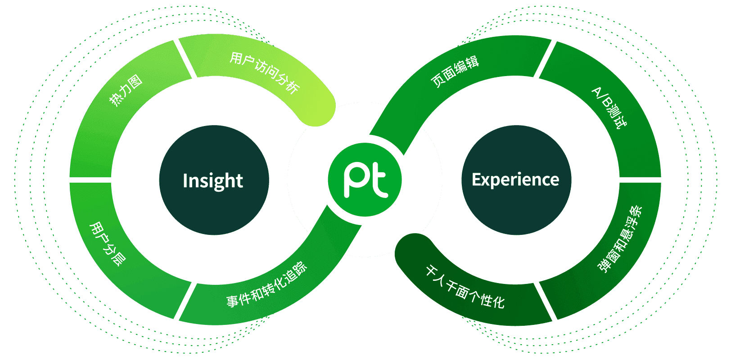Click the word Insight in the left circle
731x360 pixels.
pyautogui.click(x=213, y=181)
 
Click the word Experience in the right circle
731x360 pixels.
pyautogui.click(x=515, y=180)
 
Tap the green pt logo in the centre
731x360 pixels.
pyautogui.click(x=365, y=180)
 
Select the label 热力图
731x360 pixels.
pyautogui.click(x=126, y=90)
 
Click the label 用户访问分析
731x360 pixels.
pyautogui.click(x=264, y=72)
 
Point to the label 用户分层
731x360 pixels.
pyautogui.click(x=108, y=243)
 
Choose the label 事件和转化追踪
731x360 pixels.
pyautogui.click(x=266, y=285)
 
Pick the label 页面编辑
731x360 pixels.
pyautogui.click(x=455, y=71)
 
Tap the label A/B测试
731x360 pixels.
pyautogui.click(x=609, y=108)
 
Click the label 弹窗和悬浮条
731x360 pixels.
pyautogui.click(x=620, y=239)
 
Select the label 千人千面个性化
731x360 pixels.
pyautogui.click(x=465, y=287)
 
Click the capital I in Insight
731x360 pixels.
pyautogui.click(x=185, y=180)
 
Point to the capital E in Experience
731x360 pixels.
pyautogui.click(x=476, y=180)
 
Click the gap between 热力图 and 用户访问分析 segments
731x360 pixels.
pyautogui.click(x=186, y=59)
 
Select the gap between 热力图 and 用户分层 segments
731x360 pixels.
pyautogui.click(x=90, y=180)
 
